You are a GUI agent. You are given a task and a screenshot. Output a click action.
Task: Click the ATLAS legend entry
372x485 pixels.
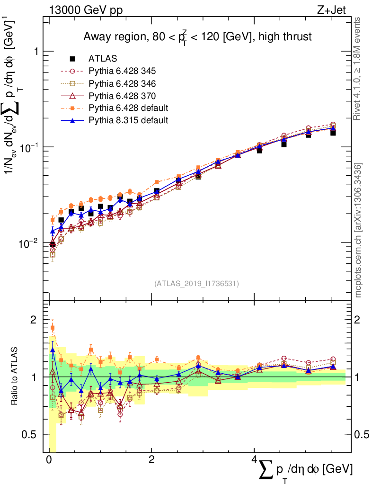103,59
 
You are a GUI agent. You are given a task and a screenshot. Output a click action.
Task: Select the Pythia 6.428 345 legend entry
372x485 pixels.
122,71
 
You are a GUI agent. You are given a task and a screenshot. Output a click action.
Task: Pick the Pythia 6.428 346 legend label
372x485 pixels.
122,83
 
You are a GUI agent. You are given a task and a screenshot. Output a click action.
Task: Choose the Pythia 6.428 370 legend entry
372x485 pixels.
122,96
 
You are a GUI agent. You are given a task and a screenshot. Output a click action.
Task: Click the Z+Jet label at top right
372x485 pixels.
339,8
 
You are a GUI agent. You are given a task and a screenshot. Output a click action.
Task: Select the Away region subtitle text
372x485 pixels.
197,36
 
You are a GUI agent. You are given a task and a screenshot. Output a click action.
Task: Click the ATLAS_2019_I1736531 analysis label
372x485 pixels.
196,284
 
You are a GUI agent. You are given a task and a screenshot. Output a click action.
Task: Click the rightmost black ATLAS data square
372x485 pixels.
333,133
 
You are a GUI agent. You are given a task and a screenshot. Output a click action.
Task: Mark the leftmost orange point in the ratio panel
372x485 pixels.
53,328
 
